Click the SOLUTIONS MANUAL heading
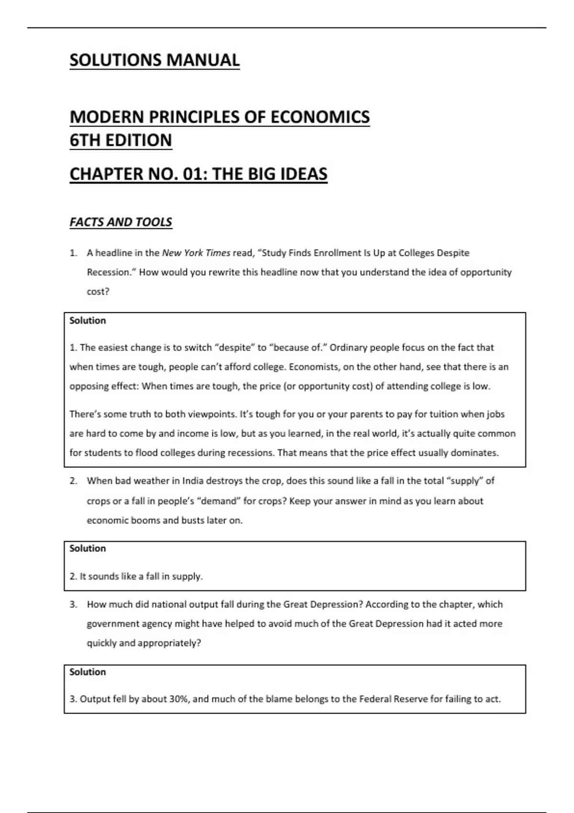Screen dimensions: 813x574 (x=155, y=60)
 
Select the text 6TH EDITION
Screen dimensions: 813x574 (x=121, y=141)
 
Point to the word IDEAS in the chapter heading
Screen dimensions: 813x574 (x=304, y=174)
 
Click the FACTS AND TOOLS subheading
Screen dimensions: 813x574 (x=121, y=222)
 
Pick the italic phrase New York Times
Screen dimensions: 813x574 (x=196, y=253)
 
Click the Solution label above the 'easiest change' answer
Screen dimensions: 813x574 (x=88, y=320)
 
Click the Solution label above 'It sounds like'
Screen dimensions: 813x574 (x=88, y=549)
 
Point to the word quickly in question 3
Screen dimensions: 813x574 (x=102, y=643)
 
